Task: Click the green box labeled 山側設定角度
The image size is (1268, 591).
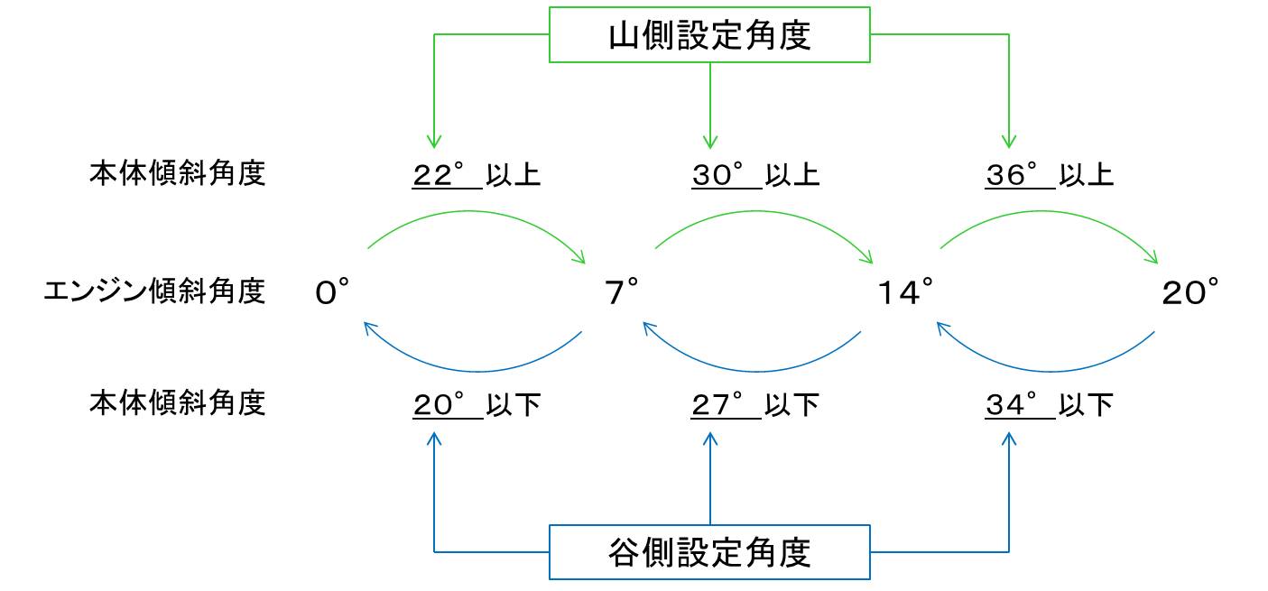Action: coord(709,36)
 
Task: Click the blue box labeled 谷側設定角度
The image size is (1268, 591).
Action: coord(709,551)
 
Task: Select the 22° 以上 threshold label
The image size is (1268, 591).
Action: coord(477,174)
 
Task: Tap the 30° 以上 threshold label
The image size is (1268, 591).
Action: coord(755,174)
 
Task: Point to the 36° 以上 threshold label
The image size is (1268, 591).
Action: coord(1049,174)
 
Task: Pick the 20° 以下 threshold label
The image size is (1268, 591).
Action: coord(477,405)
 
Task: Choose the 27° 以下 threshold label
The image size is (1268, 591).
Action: coord(755,405)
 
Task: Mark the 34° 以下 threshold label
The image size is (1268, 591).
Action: coord(1049,405)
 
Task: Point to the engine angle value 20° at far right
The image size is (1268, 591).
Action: coord(1190,292)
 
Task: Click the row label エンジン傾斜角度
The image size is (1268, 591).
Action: coord(154,291)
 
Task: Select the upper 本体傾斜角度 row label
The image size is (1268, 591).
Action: coord(177,173)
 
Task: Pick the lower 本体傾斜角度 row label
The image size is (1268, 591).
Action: coord(177,403)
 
